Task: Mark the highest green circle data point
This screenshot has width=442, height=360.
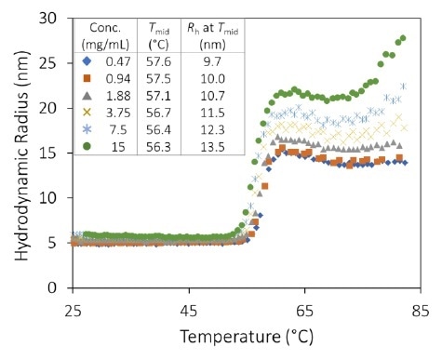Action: [x=403, y=38]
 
